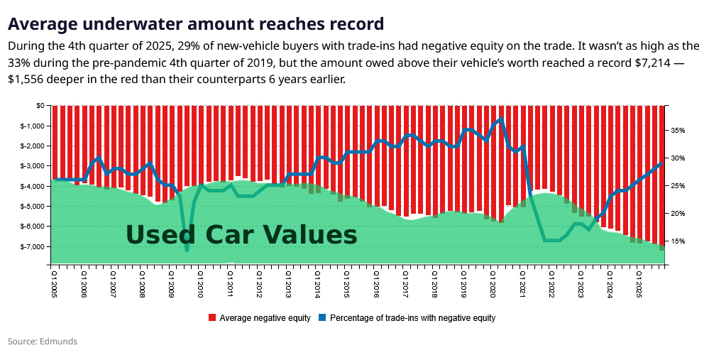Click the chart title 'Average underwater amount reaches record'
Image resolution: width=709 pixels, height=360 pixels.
[x=196, y=24]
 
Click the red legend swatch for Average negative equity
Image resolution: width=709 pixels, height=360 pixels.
[x=212, y=318]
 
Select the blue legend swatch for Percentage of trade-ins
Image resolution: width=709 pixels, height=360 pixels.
[x=323, y=318]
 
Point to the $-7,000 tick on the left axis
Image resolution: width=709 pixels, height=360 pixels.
[x=33, y=246]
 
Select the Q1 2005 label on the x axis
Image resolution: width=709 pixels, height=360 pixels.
[x=53, y=282]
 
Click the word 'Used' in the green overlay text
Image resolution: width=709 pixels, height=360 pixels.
[x=160, y=234]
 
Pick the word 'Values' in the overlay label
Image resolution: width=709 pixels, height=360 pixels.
[x=312, y=234]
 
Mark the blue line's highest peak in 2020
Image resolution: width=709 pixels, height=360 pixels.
[x=501, y=119]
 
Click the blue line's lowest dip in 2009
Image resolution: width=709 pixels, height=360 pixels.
[x=187, y=250]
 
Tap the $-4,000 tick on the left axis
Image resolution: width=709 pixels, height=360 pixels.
[x=33, y=186]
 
